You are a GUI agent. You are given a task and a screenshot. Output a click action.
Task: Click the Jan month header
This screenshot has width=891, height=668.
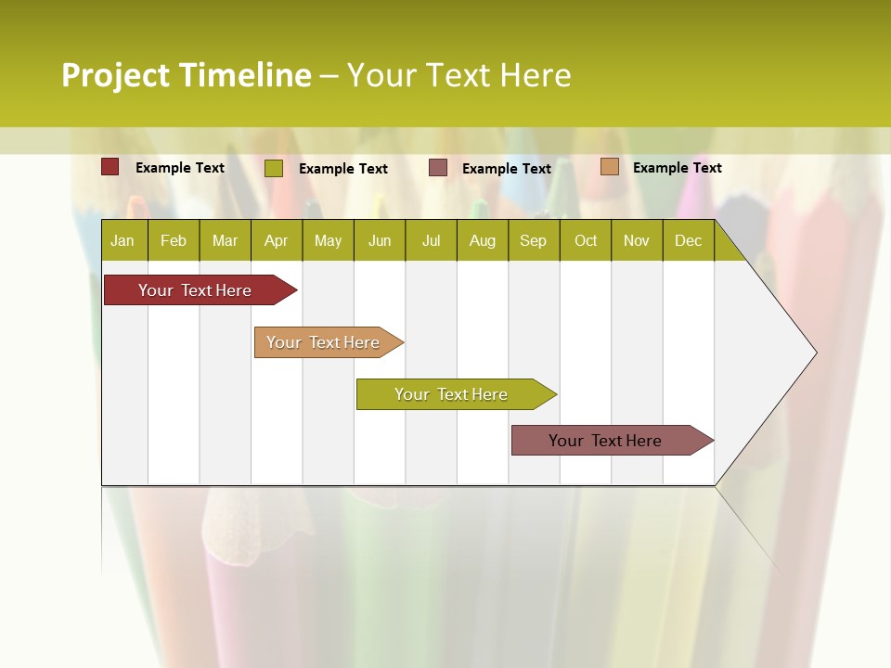click(123, 241)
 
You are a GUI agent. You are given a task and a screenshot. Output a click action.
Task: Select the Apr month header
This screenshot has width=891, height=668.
click(277, 241)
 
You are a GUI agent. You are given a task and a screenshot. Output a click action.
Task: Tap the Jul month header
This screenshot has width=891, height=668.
click(432, 241)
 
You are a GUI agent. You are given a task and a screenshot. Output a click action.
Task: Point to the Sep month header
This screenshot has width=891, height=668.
click(534, 241)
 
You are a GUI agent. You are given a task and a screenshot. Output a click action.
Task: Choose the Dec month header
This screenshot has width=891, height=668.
click(689, 241)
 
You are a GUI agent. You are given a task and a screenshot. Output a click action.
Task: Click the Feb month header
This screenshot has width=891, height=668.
click(174, 241)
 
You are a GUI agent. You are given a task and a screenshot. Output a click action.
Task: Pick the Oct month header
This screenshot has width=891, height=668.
click(586, 241)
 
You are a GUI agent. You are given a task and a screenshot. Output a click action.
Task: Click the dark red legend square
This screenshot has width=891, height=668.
click(110, 167)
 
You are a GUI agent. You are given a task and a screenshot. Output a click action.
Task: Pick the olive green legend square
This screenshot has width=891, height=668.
click(274, 168)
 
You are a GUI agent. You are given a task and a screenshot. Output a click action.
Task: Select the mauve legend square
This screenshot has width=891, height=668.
click(438, 167)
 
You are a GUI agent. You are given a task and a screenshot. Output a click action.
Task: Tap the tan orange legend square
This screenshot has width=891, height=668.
click(609, 167)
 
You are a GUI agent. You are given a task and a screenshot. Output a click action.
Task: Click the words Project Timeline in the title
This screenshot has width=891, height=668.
click(186, 75)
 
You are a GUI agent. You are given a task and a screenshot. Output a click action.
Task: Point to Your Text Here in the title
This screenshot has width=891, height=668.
click(458, 75)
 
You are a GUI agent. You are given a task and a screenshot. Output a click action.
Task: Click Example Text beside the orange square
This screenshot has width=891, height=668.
click(677, 168)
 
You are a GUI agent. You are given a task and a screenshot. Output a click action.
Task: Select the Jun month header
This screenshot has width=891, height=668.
click(380, 241)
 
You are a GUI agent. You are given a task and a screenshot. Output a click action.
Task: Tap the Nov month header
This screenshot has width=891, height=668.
click(637, 241)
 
